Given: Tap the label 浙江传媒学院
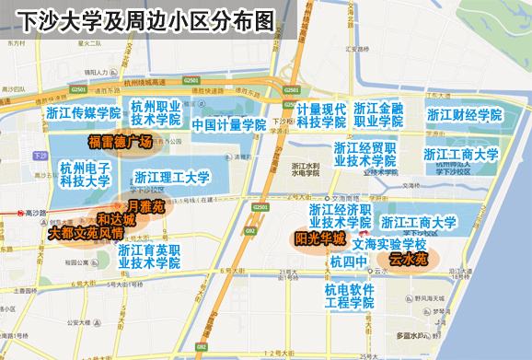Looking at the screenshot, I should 84,113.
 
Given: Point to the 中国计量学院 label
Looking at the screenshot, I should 228,123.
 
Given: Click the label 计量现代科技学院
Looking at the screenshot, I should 320,114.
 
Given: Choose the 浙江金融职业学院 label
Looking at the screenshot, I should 385,113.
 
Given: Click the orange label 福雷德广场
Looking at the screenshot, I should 120,143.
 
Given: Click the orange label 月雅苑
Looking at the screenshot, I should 145,207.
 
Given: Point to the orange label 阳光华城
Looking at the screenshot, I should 319,238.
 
